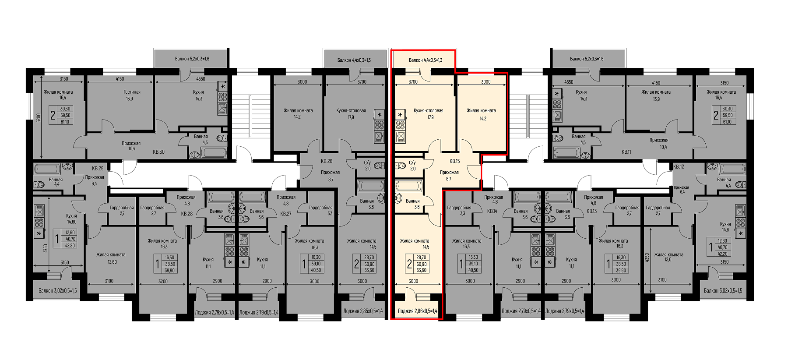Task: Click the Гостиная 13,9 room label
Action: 132,95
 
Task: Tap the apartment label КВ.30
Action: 158,152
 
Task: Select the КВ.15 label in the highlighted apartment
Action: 454,161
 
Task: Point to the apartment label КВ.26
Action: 327,161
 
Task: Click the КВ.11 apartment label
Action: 626,152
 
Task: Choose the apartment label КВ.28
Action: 187,214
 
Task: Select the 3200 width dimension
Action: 162,281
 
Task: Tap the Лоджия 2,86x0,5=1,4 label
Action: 417,311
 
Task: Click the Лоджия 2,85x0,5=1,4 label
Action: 363,311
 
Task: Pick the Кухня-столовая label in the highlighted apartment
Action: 428,111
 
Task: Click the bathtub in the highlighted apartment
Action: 408,185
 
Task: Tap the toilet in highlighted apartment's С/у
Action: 400,166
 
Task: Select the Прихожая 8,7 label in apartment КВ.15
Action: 449,176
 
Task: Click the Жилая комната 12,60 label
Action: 111,258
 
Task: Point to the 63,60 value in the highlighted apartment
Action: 421,270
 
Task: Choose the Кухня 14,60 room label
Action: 71,219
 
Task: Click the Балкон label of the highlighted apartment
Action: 426,60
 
